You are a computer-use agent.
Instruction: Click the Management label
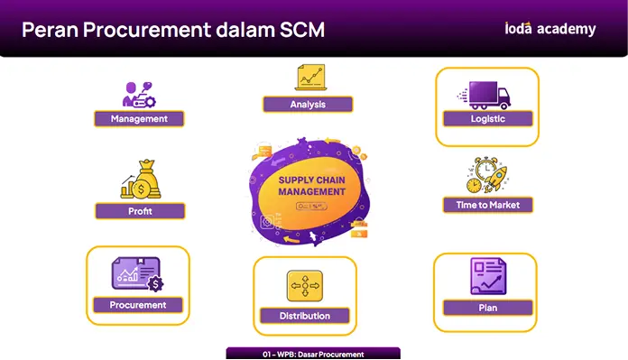click(x=139, y=119)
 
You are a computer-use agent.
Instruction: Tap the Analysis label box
click(x=308, y=105)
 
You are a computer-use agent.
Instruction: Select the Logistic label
click(x=488, y=119)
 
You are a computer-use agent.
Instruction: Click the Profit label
click(x=140, y=211)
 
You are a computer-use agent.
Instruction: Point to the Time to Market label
click(x=488, y=205)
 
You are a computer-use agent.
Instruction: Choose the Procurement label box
click(x=138, y=305)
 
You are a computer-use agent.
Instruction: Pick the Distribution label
click(x=305, y=316)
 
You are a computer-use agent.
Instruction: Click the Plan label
click(x=488, y=308)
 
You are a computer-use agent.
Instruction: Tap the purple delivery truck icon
click(x=485, y=96)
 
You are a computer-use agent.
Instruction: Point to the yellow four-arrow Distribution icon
click(x=305, y=285)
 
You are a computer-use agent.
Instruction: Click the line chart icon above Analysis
click(x=310, y=78)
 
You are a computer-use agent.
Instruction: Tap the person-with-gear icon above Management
click(x=139, y=95)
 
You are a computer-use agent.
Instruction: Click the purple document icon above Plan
click(x=488, y=276)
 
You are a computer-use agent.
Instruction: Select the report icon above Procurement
click(x=137, y=274)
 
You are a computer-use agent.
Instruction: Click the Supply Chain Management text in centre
click(x=311, y=186)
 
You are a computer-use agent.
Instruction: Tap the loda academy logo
click(x=549, y=29)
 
